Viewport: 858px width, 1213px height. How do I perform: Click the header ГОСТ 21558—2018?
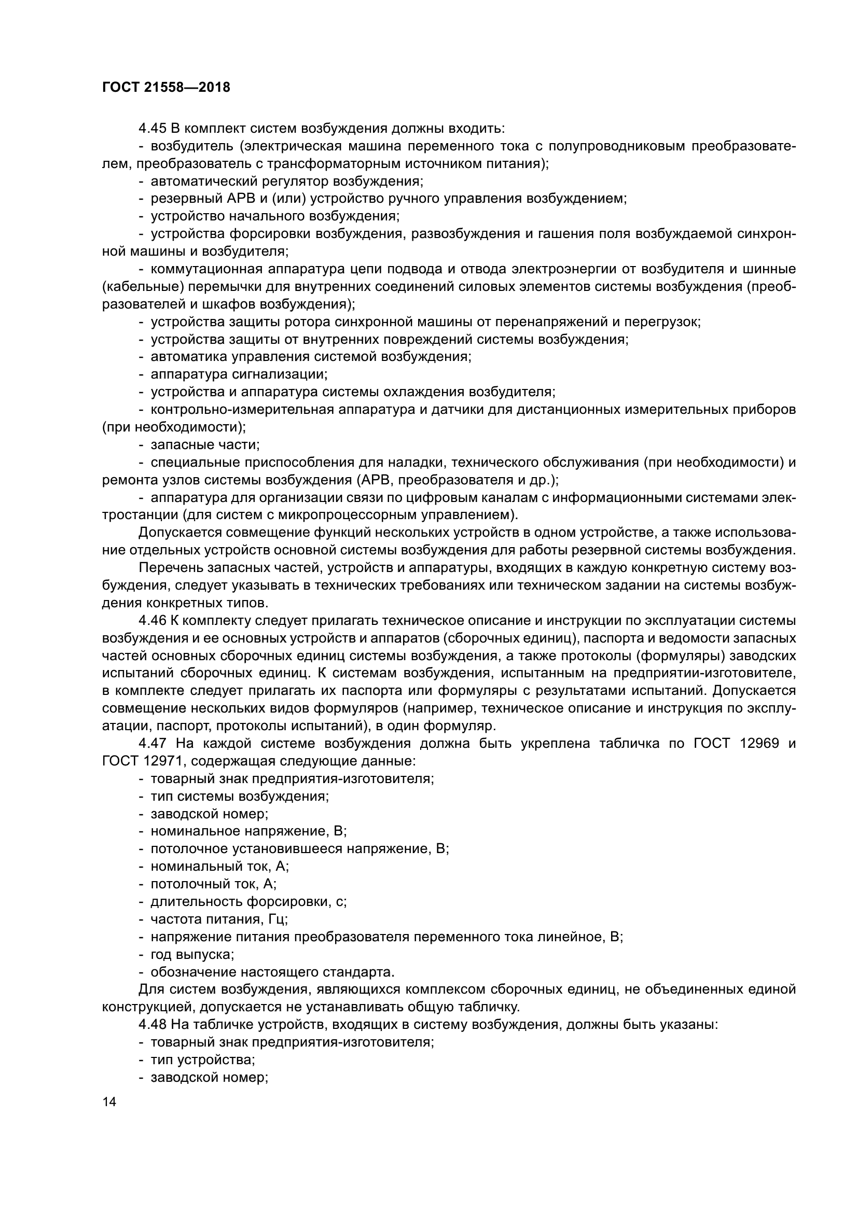(166, 87)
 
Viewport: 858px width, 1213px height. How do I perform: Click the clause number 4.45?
(152, 129)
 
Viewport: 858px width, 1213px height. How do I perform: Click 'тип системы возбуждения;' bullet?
(239, 796)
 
